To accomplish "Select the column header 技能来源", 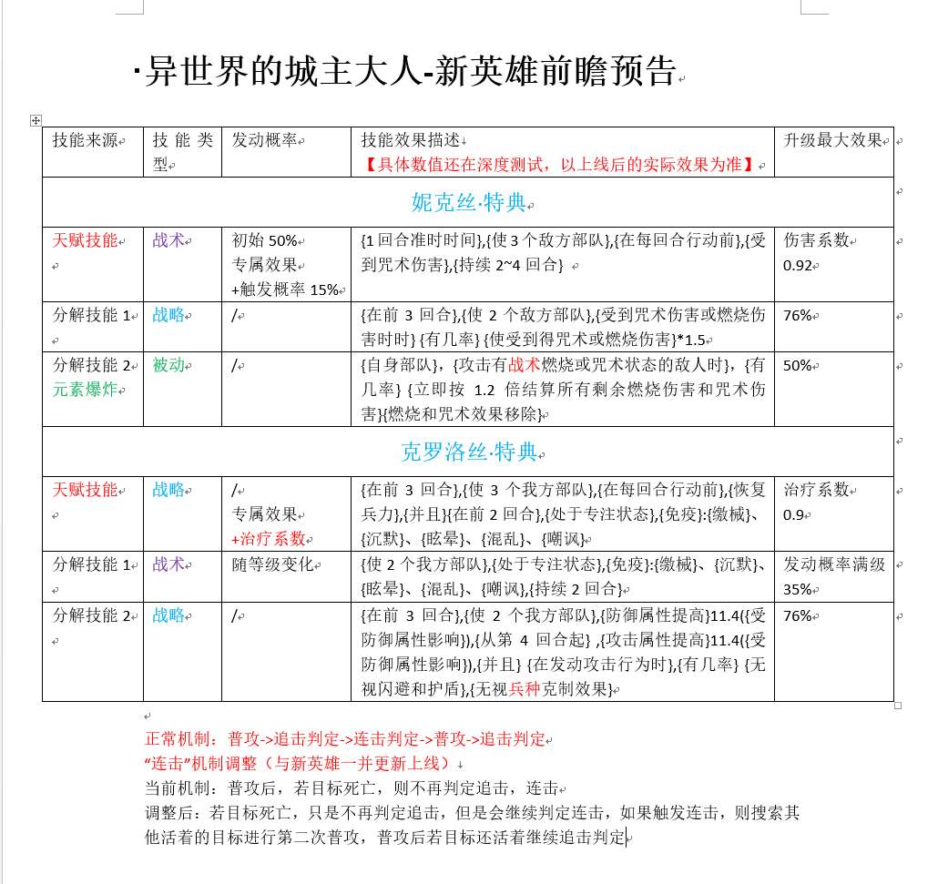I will (x=86, y=140).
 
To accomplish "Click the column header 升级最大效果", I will (x=833, y=140).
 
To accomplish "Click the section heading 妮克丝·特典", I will (x=468, y=202).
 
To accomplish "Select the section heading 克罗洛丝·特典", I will (x=468, y=452).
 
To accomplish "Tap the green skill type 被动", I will (x=168, y=365).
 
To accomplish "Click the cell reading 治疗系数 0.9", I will (x=817, y=502).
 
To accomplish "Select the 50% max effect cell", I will (x=798, y=365).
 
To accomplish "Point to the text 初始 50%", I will (x=265, y=241).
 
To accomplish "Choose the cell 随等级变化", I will (x=272, y=564).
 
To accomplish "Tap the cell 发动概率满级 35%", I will (x=833, y=576).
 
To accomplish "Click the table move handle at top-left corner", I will (x=36, y=120).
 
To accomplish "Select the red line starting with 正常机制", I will (x=345, y=739).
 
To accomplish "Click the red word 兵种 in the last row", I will (x=525, y=688).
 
